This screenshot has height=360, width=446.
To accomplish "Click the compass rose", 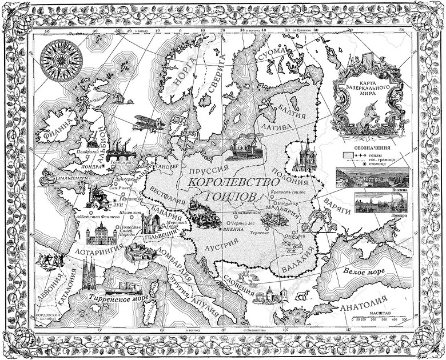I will pos(59,59).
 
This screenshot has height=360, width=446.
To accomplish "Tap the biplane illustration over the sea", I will pos(146,122).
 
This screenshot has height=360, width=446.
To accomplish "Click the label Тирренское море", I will pos(118,298).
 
